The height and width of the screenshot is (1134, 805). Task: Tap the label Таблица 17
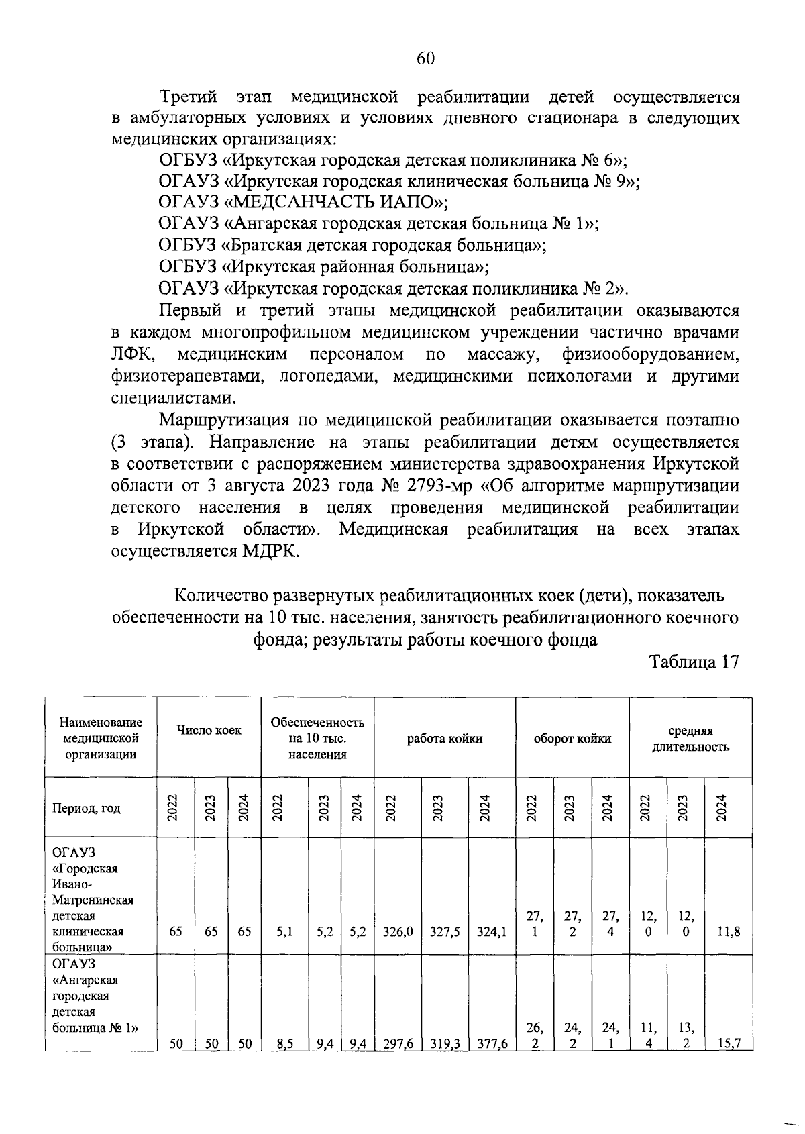694,662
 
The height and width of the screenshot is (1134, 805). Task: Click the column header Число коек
209,731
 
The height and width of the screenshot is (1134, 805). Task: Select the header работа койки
444,739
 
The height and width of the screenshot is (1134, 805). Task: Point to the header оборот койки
572,739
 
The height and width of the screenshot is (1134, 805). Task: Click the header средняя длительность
690,739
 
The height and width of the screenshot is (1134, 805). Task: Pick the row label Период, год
87,808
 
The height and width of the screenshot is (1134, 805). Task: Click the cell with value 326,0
398,931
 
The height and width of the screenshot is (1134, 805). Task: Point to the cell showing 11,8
729,931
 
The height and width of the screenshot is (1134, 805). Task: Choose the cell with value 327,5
444,931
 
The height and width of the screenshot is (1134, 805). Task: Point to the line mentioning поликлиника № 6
393,160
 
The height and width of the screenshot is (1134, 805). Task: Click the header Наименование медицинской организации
101,738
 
